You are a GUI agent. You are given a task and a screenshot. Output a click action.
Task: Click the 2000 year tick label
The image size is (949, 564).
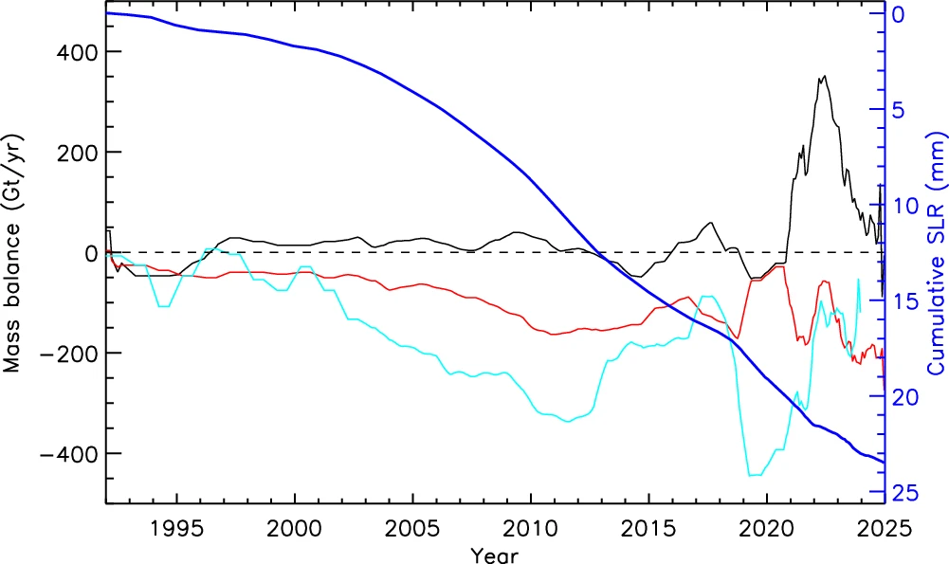tap(295, 527)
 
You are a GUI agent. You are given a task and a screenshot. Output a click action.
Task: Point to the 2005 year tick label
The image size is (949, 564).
tap(412, 527)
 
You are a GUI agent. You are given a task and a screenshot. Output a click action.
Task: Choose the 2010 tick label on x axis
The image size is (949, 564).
tap(530, 527)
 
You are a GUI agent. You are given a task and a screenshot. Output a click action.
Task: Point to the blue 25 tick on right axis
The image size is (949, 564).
tap(907, 492)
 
